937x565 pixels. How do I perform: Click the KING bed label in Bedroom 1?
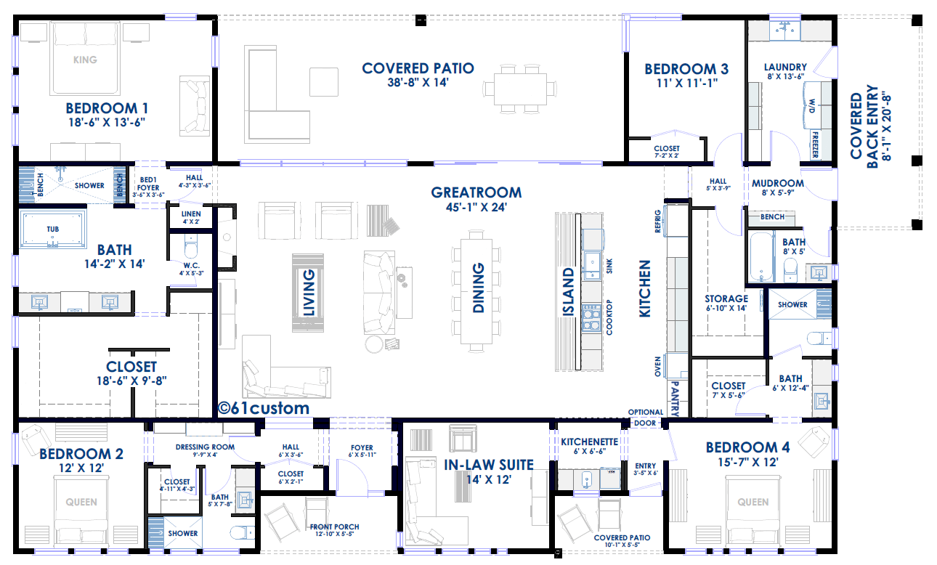[85, 60]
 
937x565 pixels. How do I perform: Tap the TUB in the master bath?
[53, 229]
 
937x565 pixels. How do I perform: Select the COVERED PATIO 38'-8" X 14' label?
[418, 75]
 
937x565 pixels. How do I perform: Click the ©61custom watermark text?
[264, 408]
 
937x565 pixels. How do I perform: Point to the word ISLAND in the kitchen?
[568, 291]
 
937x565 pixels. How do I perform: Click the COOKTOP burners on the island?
[591, 318]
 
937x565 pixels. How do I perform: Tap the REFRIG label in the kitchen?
[657, 221]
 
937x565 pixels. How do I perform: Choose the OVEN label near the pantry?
[657, 366]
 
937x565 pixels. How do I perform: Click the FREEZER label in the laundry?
[815, 145]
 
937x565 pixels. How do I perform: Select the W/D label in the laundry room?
[812, 106]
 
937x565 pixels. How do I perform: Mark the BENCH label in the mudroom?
[772, 216]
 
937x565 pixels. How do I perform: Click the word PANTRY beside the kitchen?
[675, 399]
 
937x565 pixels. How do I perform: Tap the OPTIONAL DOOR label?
[646, 418]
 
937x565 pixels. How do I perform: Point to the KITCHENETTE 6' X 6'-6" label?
[589, 446]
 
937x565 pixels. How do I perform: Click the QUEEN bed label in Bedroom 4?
[753, 502]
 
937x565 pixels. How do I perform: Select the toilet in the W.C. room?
[191, 246]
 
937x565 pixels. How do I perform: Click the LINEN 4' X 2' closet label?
[191, 217]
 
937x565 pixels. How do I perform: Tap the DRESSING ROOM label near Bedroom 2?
[205, 450]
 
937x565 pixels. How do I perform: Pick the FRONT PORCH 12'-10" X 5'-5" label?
[334, 530]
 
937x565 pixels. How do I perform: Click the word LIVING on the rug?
[308, 293]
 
